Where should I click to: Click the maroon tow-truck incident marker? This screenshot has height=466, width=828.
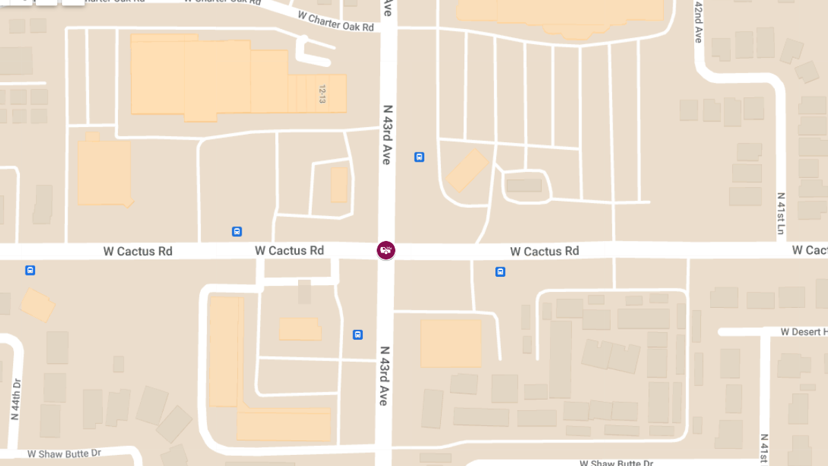(386, 250)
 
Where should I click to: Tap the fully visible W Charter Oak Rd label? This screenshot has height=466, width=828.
(335, 21)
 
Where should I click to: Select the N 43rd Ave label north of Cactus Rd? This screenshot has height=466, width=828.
(387, 135)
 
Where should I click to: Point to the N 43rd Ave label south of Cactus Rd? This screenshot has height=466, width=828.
(384, 376)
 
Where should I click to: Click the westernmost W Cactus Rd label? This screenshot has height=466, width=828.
(138, 251)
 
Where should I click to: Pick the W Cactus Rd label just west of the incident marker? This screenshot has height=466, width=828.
(289, 250)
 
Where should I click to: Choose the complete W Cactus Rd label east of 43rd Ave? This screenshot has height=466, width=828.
(544, 251)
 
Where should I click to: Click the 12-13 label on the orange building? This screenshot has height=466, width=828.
(322, 95)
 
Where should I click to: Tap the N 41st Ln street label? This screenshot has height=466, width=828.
(781, 214)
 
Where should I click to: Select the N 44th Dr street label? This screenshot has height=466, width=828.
(16, 400)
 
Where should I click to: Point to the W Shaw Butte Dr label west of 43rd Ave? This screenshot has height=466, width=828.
(64, 454)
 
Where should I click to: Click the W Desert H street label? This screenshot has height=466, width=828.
(804, 332)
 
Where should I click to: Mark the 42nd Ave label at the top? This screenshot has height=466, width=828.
(698, 22)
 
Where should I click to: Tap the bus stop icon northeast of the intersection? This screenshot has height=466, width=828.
(419, 157)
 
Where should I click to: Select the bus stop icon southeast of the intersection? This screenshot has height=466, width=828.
(500, 272)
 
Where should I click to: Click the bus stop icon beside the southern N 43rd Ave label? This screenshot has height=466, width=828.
(357, 335)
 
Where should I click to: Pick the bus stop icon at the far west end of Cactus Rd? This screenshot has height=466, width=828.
(30, 270)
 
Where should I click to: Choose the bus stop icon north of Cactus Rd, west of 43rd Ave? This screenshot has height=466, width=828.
(237, 232)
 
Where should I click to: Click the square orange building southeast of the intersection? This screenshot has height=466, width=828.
(451, 343)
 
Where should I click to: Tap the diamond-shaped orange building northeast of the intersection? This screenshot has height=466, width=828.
(467, 170)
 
